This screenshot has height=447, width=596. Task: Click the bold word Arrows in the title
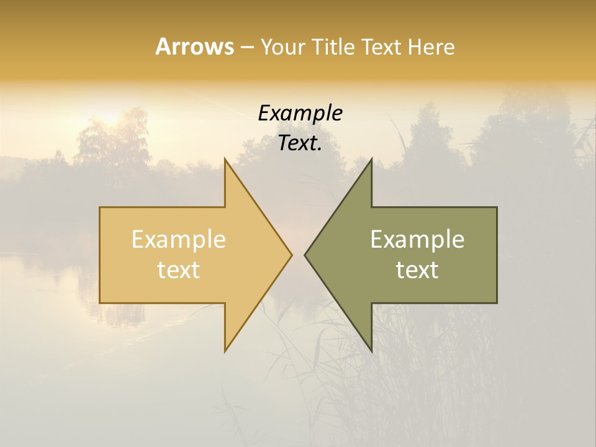pos(194,47)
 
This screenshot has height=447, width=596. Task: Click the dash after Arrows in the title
pos(246,48)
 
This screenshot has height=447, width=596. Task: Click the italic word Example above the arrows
pos(300,114)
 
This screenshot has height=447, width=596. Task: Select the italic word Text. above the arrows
pos(300,143)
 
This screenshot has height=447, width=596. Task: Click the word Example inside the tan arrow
pos(179,239)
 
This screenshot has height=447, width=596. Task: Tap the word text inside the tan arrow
pos(179,269)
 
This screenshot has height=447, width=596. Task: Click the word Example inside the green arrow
pos(417,239)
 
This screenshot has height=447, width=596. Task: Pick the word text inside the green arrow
pos(417,269)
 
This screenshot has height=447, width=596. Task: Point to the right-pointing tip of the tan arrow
pos(291,255)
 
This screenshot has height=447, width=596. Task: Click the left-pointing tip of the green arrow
pos(305,255)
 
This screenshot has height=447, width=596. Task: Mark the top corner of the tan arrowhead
pos(225,159)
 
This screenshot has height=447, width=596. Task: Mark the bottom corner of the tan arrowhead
pos(225,351)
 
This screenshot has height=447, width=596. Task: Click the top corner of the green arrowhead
pos(371,159)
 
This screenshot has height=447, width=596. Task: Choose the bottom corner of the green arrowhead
pos(371,351)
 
